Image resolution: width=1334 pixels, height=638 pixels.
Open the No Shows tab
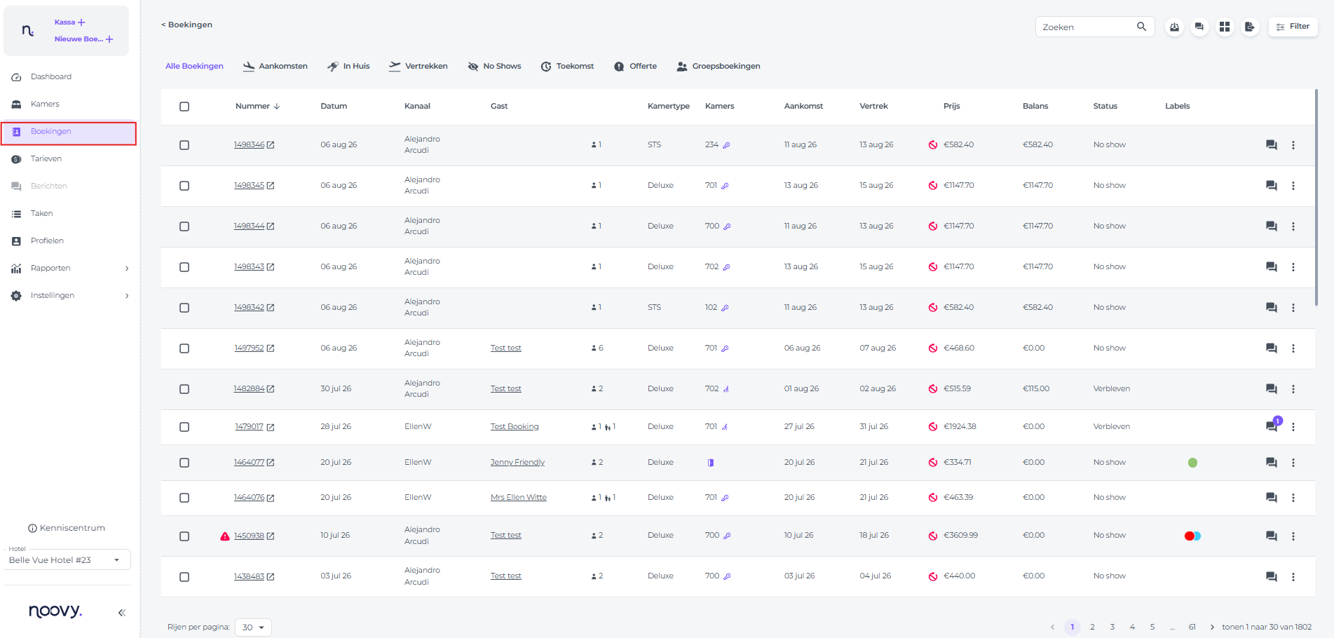point(494,66)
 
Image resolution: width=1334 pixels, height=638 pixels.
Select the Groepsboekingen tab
point(718,66)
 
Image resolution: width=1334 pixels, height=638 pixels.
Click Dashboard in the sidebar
point(50,76)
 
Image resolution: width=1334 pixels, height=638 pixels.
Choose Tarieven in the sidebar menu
point(46,158)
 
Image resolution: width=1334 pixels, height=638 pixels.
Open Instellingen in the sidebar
point(53,295)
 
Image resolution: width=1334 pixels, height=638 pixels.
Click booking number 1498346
point(249,144)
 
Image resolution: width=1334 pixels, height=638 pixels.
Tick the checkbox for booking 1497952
point(184,348)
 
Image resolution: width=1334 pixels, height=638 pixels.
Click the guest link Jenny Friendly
point(517,462)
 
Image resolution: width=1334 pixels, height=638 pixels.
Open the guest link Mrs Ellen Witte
point(519,497)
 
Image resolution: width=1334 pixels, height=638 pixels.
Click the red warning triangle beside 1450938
point(225,536)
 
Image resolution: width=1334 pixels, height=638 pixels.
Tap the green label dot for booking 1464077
point(1192,463)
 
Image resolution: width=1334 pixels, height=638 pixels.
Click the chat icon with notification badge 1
point(1272,426)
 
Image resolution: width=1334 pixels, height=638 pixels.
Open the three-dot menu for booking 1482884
point(1293,389)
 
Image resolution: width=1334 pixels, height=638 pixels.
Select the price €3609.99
point(960,535)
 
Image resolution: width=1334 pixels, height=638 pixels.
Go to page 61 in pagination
point(1192,627)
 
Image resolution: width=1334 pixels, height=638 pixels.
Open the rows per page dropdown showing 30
point(253,627)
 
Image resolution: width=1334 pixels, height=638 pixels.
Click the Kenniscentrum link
point(67,528)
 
